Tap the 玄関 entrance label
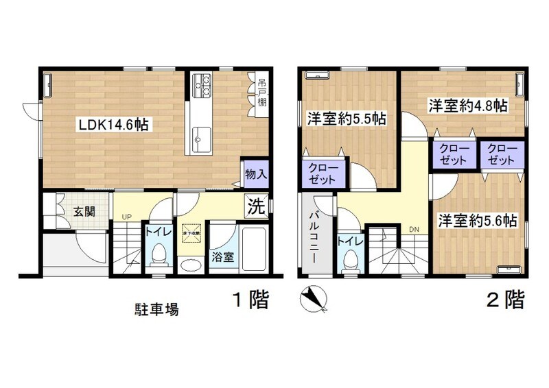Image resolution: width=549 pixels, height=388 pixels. click(76, 210)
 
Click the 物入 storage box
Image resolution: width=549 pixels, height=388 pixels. click(255, 174)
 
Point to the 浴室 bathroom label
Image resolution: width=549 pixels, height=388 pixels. click(221, 258)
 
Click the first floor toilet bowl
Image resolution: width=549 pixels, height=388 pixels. click(158, 254)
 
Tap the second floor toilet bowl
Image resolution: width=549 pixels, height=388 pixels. click(351, 261)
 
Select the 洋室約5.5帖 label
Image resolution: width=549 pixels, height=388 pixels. click(346, 119)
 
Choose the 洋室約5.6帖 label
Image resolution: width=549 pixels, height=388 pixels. click(478, 221)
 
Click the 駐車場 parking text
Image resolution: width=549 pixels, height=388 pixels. click(156, 309)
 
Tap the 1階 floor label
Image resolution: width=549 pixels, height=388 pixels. click(248, 300)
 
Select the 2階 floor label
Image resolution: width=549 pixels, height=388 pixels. click(506, 300)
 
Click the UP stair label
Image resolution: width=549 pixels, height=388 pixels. click(127, 217)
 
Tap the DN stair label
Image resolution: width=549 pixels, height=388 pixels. click(414, 229)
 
